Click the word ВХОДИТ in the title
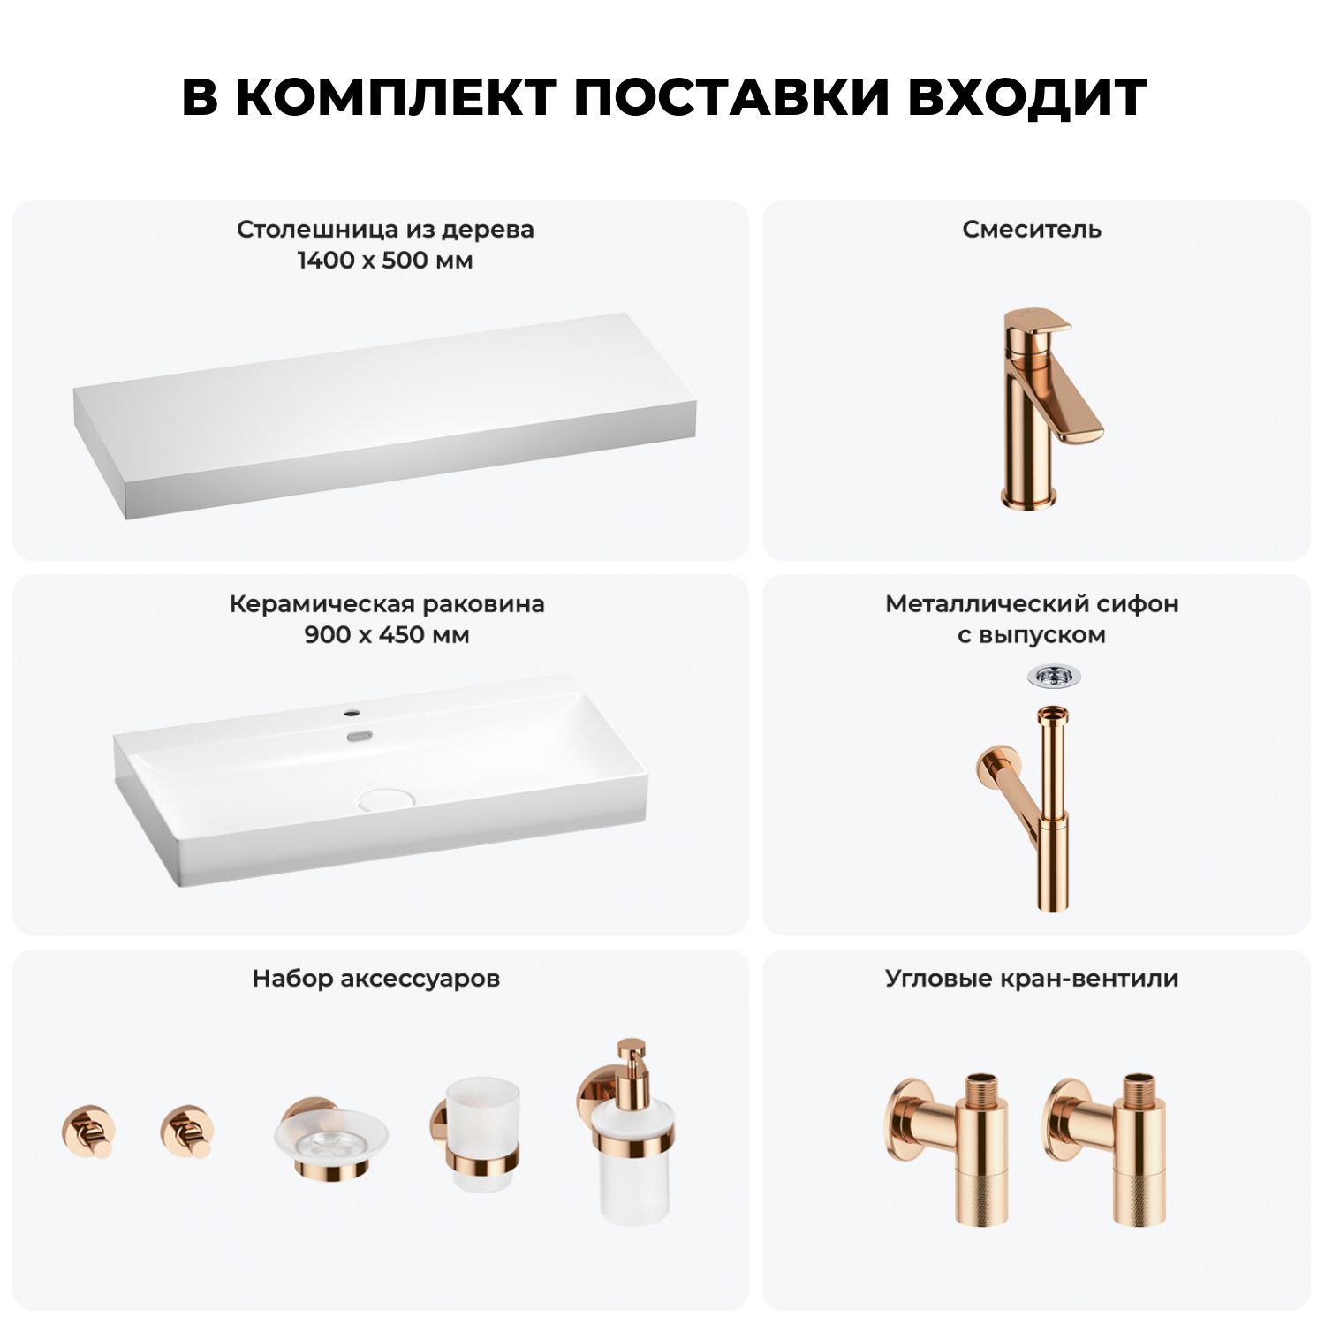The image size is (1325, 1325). click(x=1026, y=97)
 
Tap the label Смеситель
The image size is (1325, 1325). click(x=1032, y=230)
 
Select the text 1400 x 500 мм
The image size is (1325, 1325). click(x=385, y=261)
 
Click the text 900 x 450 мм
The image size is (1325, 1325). click(x=387, y=635)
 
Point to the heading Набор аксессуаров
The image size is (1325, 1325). click(x=376, y=979)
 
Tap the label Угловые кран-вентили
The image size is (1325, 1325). click(x=1032, y=979)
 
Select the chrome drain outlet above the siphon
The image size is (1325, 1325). click(x=1055, y=678)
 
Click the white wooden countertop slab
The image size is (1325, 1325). click(x=385, y=415)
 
